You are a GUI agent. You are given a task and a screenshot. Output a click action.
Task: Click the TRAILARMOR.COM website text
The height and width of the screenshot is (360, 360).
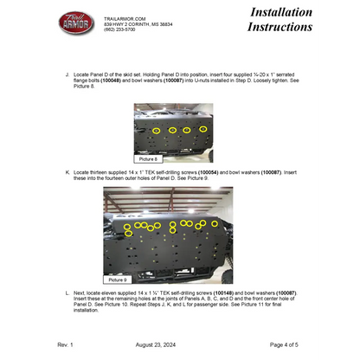124,17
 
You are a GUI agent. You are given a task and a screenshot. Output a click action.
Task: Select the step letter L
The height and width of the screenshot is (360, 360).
67,293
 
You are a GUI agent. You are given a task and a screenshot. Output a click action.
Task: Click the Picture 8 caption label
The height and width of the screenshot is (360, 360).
150,160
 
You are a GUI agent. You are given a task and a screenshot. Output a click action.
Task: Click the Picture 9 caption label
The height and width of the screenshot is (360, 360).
120,280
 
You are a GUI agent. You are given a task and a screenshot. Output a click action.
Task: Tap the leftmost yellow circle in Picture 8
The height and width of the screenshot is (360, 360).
156,131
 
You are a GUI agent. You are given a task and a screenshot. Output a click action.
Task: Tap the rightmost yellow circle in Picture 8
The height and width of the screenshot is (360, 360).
203,130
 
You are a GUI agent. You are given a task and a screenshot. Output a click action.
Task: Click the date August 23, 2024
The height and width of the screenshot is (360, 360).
178,344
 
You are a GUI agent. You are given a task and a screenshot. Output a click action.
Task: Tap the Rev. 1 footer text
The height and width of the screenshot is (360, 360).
66,344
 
